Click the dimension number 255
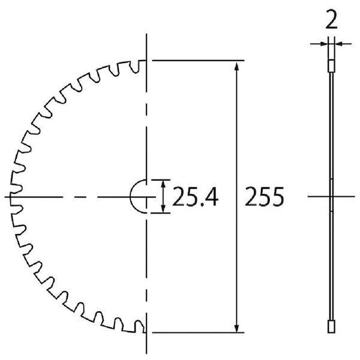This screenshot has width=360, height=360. [265, 197]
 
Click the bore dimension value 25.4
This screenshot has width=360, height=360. [195, 197]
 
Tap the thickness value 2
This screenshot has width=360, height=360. [332, 20]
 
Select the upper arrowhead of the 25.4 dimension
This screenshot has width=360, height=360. [163, 184]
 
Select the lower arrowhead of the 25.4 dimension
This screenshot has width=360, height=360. [163, 209]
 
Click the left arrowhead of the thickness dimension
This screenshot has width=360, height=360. [323, 43]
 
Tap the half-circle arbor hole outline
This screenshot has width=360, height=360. [130, 197]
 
